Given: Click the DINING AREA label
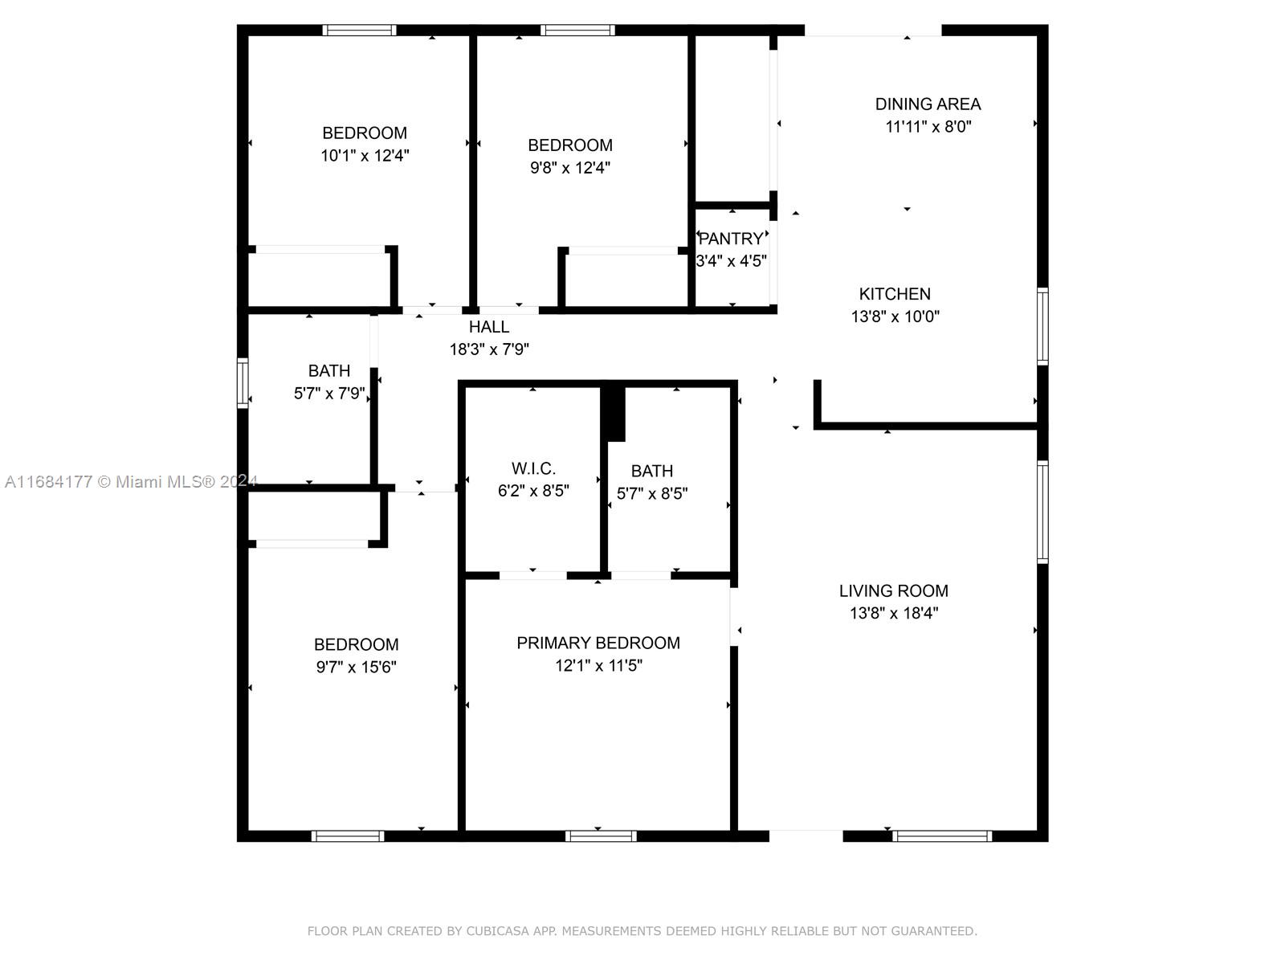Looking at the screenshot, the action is (x=928, y=104).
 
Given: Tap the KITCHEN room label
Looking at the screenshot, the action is (x=895, y=294).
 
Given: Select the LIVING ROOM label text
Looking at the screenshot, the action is (x=893, y=591).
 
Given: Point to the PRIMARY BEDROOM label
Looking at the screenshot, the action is (x=598, y=643).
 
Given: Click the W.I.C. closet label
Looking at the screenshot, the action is (x=533, y=468).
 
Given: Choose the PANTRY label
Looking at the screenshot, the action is (x=731, y=239).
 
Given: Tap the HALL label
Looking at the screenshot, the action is (x=489, y=327).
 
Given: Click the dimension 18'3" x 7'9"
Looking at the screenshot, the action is (x=489, y=349).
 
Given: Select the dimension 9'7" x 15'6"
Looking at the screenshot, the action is (x=356, y=668).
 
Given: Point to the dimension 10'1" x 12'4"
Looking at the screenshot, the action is (x=365, y=156).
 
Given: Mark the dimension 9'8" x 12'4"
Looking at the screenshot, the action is (x=570, y=168).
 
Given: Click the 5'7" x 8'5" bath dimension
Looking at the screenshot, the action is (x=651, y=493).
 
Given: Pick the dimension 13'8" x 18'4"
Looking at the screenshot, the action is (x=894, y=614).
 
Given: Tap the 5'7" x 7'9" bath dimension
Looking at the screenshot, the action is (x=329, y=394).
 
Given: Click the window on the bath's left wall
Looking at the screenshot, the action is (x=242, y=383).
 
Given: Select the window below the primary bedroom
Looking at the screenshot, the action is (x=601, y=836).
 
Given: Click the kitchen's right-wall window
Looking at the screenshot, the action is (x=1042, y=326).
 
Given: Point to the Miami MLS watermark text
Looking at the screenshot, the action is (x=131, y=482).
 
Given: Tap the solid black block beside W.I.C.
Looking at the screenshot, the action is (x=614, y=413).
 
